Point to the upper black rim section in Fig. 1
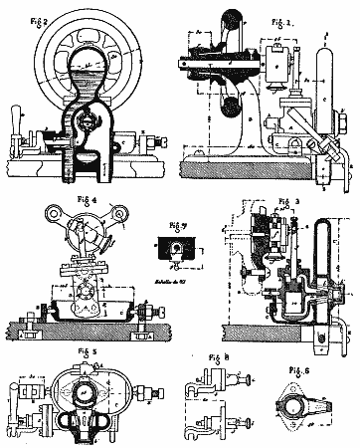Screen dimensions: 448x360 click(x=231, y=24)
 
